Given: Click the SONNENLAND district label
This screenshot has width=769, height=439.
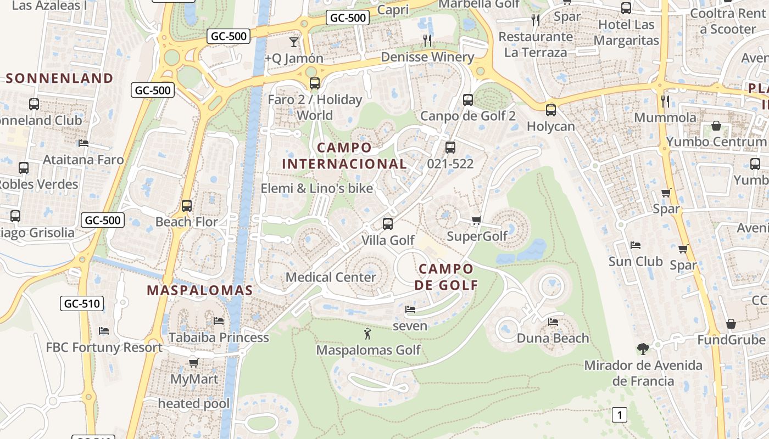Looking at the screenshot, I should (x=59, y=78).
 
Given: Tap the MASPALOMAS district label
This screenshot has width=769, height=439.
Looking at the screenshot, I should (x=199, y=290).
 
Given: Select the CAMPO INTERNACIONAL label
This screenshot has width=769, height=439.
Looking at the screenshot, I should (x=344, y=156).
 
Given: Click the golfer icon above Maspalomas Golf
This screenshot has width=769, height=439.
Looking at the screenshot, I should (x=367, y=333).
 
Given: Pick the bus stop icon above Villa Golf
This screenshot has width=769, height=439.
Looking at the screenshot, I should (x=388, y=223).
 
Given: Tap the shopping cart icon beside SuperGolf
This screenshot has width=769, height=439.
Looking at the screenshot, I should (x=476, y=221).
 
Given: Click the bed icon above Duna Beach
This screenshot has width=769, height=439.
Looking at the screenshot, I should (x=553, y=322).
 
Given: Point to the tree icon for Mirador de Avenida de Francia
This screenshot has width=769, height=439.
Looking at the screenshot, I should (x=643, y=348).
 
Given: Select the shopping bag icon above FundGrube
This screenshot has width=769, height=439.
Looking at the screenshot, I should (x=731, y=324).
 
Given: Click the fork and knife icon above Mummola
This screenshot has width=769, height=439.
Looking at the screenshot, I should (x=665, y=101).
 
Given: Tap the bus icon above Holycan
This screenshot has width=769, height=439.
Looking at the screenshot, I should (x=551, y=110).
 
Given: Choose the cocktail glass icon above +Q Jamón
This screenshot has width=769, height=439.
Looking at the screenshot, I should (x=294, y=42).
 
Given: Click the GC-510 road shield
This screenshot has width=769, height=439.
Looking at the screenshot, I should (x=82, y=303).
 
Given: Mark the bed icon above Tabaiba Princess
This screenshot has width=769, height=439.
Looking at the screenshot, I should (x=219, y=320).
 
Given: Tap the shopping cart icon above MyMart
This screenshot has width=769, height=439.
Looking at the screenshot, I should (x=193, y=363).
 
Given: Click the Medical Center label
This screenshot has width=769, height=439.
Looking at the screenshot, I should (x=331, y=277).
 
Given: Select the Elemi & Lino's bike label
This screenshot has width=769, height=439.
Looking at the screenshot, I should (x=316, y=188).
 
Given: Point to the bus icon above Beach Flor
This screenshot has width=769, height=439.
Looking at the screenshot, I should (x=187, y=206).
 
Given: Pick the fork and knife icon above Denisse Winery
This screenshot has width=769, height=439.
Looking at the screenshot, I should (x=427, y=40).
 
